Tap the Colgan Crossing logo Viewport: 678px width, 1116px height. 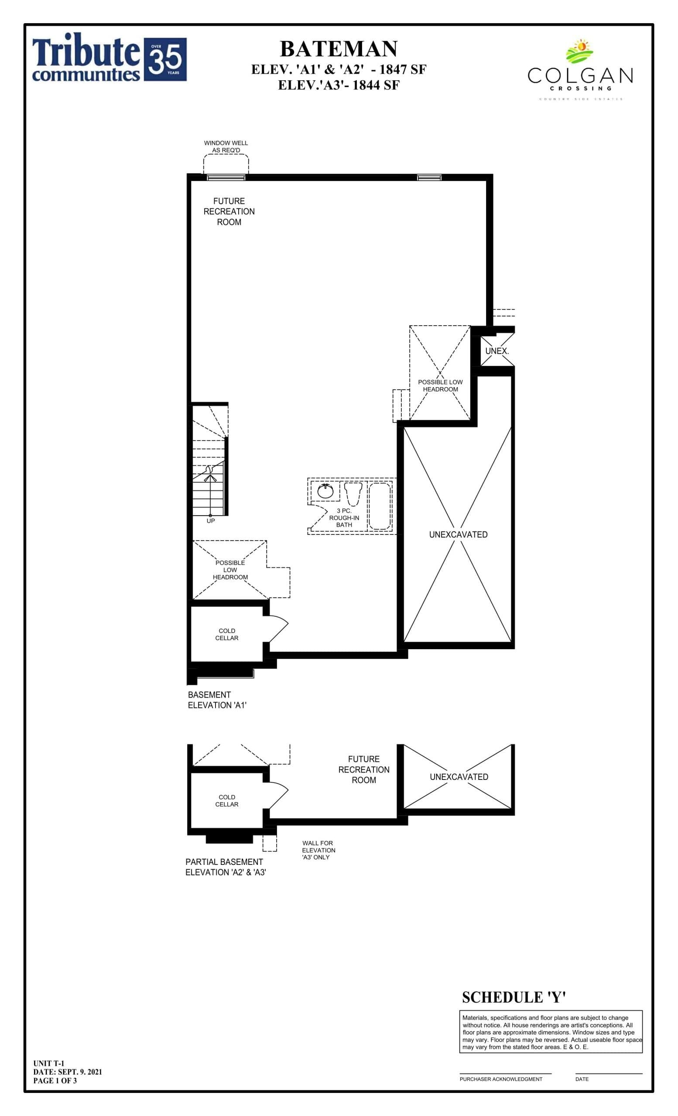tap(580, 68)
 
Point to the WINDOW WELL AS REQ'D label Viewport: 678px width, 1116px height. tap(226, 146)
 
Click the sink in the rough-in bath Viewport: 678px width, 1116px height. tap(325, 491)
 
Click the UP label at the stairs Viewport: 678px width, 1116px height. tap(211, 521)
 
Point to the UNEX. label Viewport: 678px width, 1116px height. tap(497, 351)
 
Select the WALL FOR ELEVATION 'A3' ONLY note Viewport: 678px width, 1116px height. tap(318, 850)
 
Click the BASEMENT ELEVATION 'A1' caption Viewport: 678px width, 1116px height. tap(217, 700)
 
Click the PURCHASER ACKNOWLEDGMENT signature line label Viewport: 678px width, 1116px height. tap(501, 1079)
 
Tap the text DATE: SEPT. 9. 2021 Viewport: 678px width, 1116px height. tap(68, 1072)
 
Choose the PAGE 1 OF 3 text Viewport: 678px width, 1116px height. tap(55, 1080)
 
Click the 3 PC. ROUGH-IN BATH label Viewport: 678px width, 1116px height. tap(344, 518)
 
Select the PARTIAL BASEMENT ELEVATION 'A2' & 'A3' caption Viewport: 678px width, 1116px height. tap(225, 867)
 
